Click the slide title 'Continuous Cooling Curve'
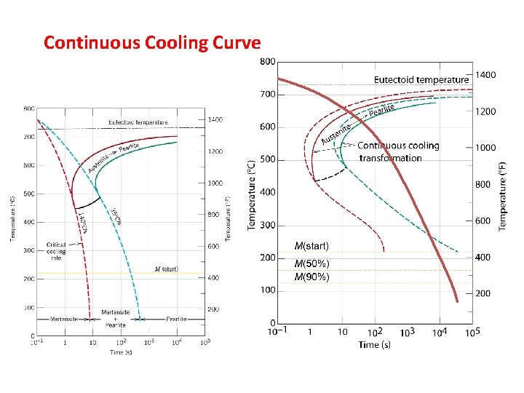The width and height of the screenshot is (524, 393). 151,43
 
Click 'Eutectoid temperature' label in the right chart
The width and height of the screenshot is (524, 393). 421,79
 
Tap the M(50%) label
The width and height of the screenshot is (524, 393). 311,263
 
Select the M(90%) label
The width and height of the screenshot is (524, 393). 311,277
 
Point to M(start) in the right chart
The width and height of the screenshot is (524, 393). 311,246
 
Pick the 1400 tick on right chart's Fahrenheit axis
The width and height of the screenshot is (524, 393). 485,75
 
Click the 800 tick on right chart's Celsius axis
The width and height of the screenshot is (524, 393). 267,62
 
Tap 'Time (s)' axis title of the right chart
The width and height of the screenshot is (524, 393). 374,344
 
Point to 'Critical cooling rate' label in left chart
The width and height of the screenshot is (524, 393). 56,251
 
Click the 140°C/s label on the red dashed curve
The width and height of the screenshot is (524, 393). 82,219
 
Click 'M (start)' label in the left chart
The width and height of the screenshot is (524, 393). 166,269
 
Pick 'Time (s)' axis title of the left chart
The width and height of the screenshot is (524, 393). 121,352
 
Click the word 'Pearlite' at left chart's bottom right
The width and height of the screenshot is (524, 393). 176,319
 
